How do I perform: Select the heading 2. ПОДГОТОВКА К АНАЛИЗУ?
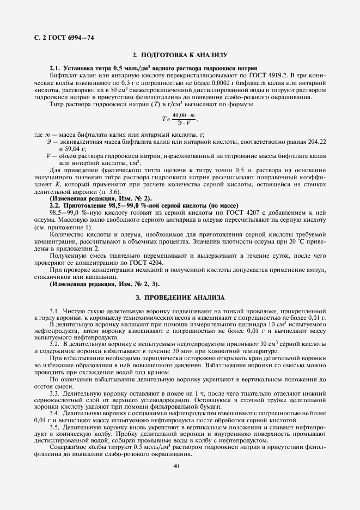[x=180, y=56]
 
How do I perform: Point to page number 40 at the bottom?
[x=176, y=466]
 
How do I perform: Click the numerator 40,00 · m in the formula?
[x=182, y=115]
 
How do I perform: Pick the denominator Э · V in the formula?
[x=182, y=123]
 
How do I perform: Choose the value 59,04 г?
[x=72, y=148]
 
